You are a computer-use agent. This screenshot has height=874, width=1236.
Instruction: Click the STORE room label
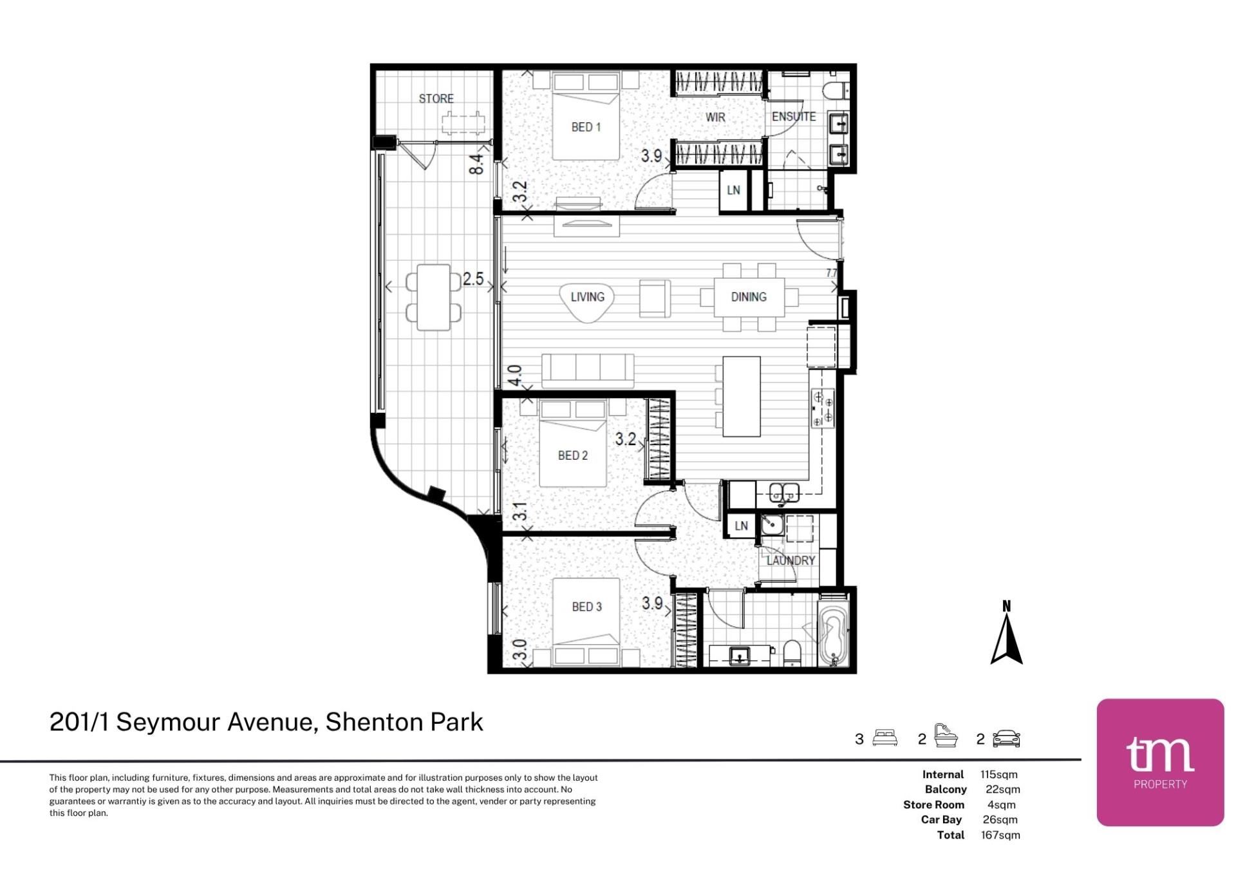[x=436, y=99]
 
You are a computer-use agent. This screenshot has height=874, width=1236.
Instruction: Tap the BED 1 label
[x=586, y=127]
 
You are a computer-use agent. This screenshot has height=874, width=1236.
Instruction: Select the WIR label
[x=715, y=117]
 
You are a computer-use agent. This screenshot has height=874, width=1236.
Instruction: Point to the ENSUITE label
[x=794, y=117]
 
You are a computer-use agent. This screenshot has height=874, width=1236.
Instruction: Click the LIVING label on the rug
[x=587, y=297]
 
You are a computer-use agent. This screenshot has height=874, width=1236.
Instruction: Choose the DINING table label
[x=749, y=297]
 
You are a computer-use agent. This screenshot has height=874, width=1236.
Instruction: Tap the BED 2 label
[x=573, y=455]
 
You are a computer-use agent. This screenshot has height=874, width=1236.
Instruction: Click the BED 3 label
[x=586, y=607]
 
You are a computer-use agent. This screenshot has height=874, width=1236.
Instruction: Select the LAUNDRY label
[x=791, y=560]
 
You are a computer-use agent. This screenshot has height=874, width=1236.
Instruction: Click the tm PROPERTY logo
[x=1160, y=762]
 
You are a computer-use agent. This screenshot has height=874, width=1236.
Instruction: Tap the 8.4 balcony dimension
[x=476, y=164]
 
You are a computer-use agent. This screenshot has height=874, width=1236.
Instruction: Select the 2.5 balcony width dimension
[x=473, y=279]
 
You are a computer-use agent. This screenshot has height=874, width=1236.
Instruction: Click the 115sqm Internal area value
[x=998, y=774]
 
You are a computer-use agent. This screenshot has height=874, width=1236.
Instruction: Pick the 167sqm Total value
[x=1000, y=835]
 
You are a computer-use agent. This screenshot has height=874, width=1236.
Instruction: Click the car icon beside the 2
[x=1007, y=739]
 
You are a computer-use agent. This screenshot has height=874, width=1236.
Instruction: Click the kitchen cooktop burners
[x=823, y=408]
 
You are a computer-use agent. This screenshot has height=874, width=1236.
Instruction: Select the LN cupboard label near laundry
[x=742, y=526]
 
